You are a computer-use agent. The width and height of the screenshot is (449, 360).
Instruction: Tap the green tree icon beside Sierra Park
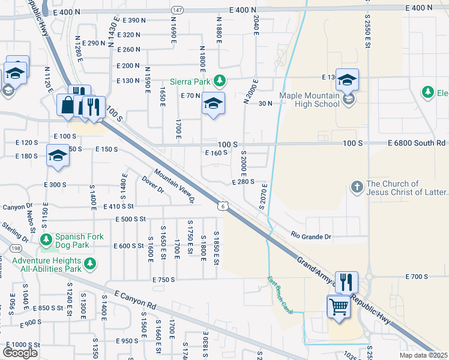[220, 80]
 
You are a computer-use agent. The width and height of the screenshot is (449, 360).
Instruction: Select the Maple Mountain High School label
[309, 99]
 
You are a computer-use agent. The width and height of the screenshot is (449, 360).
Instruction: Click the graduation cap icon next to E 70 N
[213, 104]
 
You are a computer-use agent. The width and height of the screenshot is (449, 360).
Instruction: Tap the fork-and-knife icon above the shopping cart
[346, 281]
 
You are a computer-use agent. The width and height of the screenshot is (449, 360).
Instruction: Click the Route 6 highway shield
[222, 206]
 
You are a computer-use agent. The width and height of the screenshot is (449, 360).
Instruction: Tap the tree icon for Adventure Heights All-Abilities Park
[90, 263]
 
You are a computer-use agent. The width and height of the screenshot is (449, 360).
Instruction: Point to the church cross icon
[357, 187]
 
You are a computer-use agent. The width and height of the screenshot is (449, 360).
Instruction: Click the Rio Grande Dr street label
[312, 237]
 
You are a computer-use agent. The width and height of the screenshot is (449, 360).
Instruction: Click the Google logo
[20, 352]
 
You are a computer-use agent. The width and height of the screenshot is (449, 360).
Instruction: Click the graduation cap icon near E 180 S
[58, 155]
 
